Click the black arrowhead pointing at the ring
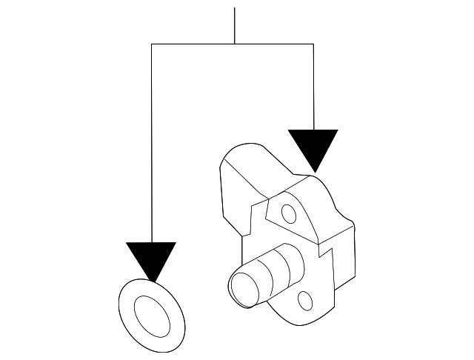(151, 258)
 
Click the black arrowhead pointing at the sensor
(313, 147)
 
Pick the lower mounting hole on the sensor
(304, 300)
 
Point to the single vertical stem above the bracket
(235, 26)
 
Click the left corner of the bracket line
(151, 44)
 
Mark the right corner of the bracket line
(313, 44)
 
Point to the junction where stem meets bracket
(235, 44)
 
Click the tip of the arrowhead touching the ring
(151, 281)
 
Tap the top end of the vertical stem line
(235, 8)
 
